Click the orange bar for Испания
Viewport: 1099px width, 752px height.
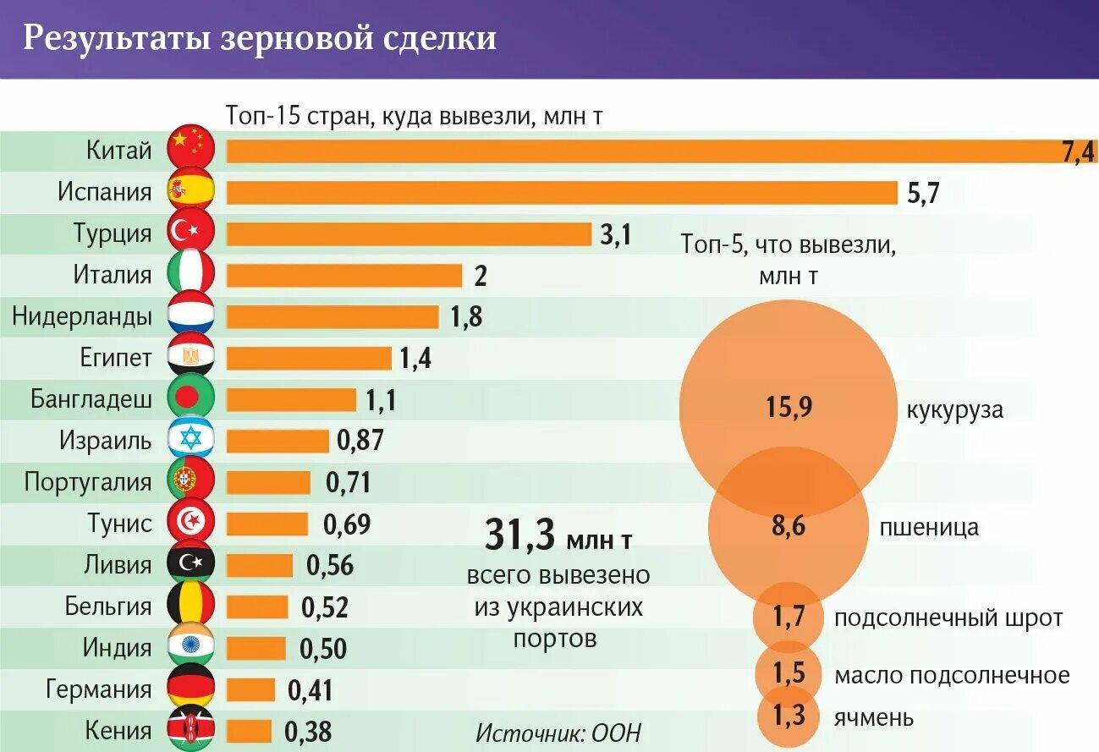coord(562,193)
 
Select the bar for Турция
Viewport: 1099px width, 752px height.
coord(409,234)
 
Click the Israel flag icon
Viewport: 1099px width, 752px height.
coord(191,440)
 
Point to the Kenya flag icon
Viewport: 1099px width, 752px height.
coord(191,730)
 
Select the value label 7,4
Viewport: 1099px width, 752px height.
coord(1077,152)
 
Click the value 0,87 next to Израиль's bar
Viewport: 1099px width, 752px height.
coord(360,441)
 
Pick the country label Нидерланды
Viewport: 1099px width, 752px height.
coord(83,316)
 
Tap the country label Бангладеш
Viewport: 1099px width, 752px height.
coord(92,398)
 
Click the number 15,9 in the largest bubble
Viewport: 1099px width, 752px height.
coord(789,408)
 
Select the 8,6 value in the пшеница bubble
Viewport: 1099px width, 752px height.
coord(788,527)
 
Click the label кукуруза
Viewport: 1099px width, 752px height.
coord(954,410)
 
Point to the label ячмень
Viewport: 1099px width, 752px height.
coord(874,717)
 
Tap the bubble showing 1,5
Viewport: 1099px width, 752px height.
coord(788,673)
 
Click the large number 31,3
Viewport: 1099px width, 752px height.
coord(519,535)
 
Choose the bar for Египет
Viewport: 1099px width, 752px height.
coord(309,358)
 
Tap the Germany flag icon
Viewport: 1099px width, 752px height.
coord(191,689)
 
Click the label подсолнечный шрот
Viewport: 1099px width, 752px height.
coord(948,618)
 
